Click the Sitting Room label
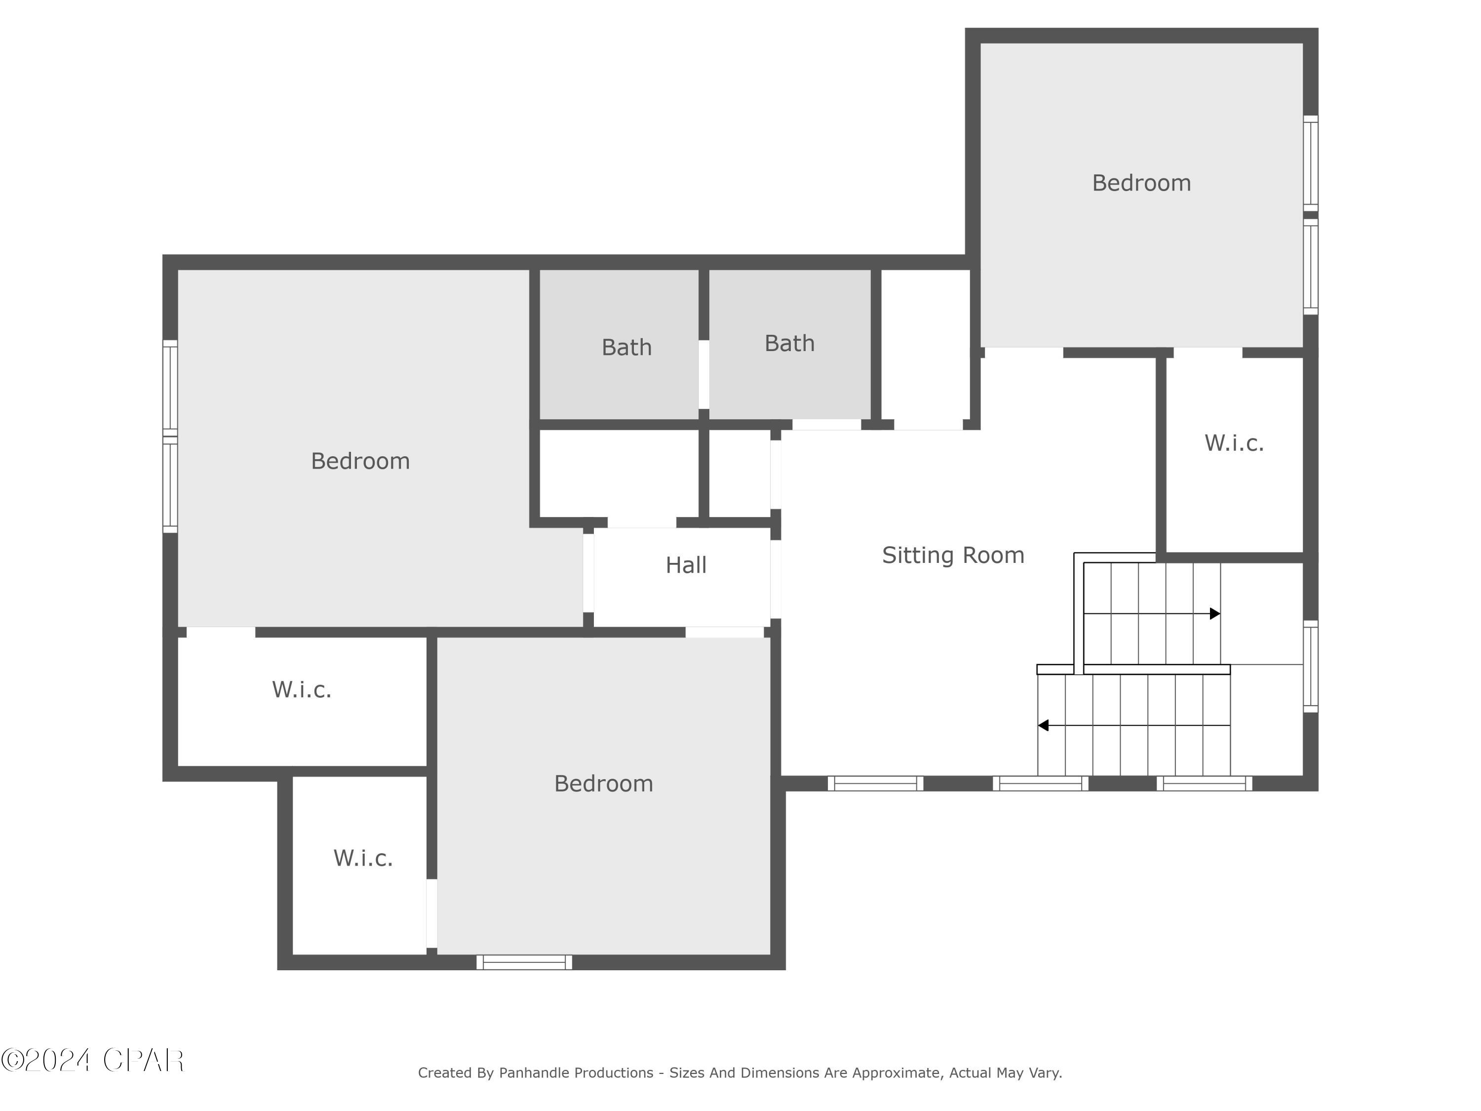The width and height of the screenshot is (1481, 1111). click(x=953, y=555)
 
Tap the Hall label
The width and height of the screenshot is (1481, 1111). click(x=686, y=565)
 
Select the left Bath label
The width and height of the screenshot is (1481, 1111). click(x=626, y=348)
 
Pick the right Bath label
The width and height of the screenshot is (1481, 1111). click(x=789, y=344)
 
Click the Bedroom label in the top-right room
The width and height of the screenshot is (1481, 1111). click(x=1141, y=183)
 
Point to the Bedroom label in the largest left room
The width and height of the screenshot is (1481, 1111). click(x=360, y=461)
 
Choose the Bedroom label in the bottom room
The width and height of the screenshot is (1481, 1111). click(x=603, y=784)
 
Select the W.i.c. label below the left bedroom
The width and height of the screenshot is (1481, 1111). click(x=301, y=689)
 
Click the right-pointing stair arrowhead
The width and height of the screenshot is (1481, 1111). click(x=1215, y=613)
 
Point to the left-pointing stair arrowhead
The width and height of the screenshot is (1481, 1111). click(x=1043, y=725)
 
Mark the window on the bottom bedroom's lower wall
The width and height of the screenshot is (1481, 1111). click(x=524, y=962)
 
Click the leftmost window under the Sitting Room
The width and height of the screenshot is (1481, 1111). click(x=875, y=784)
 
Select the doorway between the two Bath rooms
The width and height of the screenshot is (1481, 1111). click(x=703, y=374)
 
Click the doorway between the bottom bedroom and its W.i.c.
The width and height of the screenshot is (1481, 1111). click(x=432, y=913)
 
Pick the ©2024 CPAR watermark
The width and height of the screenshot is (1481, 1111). click(x=92, y=1060)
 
